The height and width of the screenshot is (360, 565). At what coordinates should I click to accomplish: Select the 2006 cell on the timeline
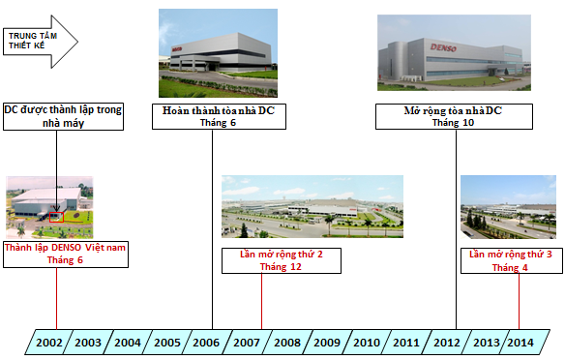point(206,342)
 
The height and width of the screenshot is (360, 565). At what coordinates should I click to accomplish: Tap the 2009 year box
point(326,342)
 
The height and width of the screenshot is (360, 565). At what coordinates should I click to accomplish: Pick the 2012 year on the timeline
point(446,342)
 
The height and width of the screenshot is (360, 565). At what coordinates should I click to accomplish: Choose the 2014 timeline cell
point(519,342)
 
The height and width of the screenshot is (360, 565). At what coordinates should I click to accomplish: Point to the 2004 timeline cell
point(128,342)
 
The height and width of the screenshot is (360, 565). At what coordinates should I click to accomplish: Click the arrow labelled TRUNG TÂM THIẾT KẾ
point(41,40)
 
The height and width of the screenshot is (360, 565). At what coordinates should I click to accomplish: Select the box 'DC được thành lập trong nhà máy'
point(63,117)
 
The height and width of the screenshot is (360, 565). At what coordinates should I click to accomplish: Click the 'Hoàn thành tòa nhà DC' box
point(212,117)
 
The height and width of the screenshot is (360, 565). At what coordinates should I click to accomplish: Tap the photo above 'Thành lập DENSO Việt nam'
point(49,207)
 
